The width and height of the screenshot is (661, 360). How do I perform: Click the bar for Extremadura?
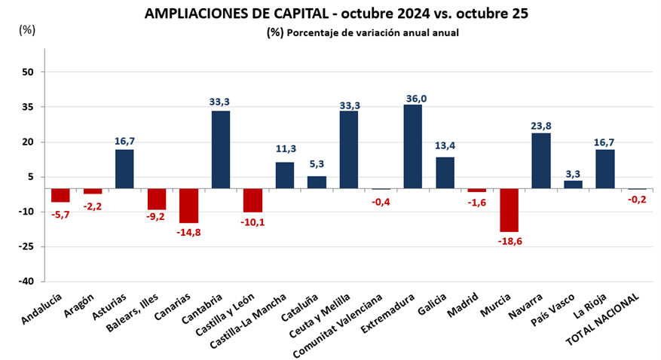click(x=413, y=146)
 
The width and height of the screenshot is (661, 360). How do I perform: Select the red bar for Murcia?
click(x=509, y=210)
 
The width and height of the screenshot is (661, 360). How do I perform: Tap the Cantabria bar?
click(x=221, y=149)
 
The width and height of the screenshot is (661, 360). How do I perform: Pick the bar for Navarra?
click(x=541, y=160)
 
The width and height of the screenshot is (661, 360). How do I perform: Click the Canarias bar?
click(x=188, y=206)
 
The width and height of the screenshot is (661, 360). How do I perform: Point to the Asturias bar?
click(x=124, y=169)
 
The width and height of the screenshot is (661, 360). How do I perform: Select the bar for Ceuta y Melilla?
click(x=349, y=149)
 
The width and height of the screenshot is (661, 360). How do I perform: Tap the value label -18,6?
click(x=510, y=241)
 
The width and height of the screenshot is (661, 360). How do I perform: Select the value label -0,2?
click(x=638, y=200)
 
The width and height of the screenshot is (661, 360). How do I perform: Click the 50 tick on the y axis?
click(x=28, y=72)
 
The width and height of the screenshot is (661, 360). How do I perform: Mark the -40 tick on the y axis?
click(x=26, y=281)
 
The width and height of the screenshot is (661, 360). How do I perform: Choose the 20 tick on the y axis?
click(x=28, y=142)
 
